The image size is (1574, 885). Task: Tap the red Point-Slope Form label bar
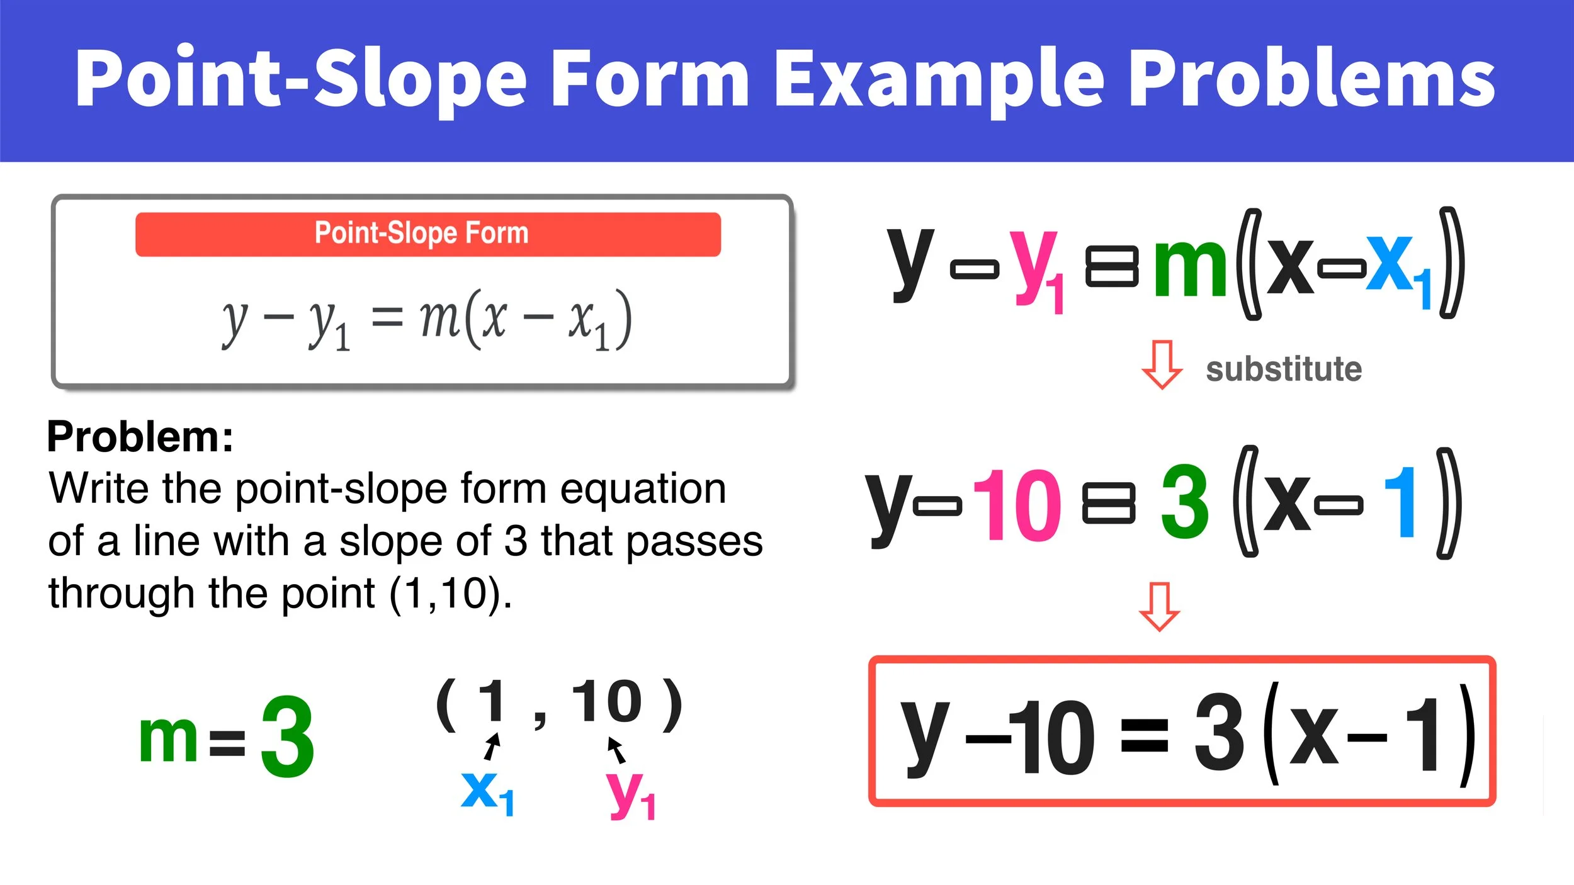pyautogui.click(x=427, y=234)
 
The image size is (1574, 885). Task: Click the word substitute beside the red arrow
pyautogui.click(x=1283, y=369)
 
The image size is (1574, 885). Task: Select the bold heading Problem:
pyautogui.click(x=140, y=437)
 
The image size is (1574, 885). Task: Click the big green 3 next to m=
pyautogui.click(x=287, y=737)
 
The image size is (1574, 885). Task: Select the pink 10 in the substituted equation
pyautogui.click(x=1016, y=505)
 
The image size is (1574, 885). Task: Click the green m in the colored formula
pyautogui.click(x=1189, y=268)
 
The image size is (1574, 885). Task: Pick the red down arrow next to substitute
pyautogui.click(x=1162, y=364)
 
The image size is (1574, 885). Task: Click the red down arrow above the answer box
pyautogui.click(x=1159, y=606)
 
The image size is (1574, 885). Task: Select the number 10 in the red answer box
pyautogui.click(x=1058, y=738)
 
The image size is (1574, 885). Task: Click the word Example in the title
pyautogui.click(x=938, y=78)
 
